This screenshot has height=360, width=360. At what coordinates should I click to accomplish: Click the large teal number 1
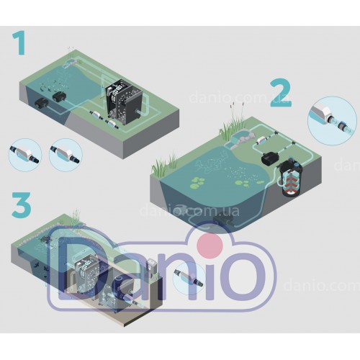pos(19,44)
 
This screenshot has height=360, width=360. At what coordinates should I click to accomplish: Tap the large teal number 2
pos(281,94)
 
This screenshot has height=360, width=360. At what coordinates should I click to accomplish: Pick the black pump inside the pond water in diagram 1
pos(58,96)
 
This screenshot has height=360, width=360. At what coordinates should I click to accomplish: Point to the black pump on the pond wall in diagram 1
pos(42,104)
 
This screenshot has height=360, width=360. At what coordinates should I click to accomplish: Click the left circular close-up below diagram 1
pos(24,154)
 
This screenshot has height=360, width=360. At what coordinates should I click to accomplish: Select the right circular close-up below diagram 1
pos(66,154)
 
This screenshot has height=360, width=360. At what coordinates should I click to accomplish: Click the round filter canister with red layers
pos(291,178)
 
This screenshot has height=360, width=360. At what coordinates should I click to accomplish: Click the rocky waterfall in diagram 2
pos(240,140)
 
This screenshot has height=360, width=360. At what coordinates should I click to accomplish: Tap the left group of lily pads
pos(197,181)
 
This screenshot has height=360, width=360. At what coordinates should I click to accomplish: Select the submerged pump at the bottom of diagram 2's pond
pos(222,220)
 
